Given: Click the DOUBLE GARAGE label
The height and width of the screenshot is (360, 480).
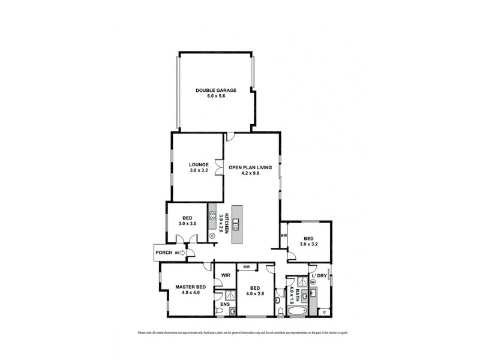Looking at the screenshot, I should (215, 91).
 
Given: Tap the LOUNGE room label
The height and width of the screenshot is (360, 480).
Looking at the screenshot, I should (199, 164).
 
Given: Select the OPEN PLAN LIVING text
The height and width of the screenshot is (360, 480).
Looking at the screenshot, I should (253, 168).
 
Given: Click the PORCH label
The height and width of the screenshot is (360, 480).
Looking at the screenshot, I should (164, 253).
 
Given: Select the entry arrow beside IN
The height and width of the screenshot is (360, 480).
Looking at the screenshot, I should (184, 253).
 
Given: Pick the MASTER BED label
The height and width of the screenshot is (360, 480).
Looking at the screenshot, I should (191, 287).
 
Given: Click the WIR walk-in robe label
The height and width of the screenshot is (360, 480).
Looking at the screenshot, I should (226, 275).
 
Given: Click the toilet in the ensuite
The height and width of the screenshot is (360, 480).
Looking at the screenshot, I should (232, 311).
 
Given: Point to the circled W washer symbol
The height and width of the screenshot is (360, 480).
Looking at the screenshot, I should (313, 282).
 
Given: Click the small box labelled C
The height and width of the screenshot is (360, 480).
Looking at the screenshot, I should (324, 311).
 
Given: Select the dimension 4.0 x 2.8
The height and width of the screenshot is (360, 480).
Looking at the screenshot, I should (254, 293).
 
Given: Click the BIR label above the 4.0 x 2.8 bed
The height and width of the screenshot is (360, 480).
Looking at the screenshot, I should (247, 266).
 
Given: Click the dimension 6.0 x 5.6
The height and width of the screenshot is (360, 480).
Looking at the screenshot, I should (215, 97).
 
